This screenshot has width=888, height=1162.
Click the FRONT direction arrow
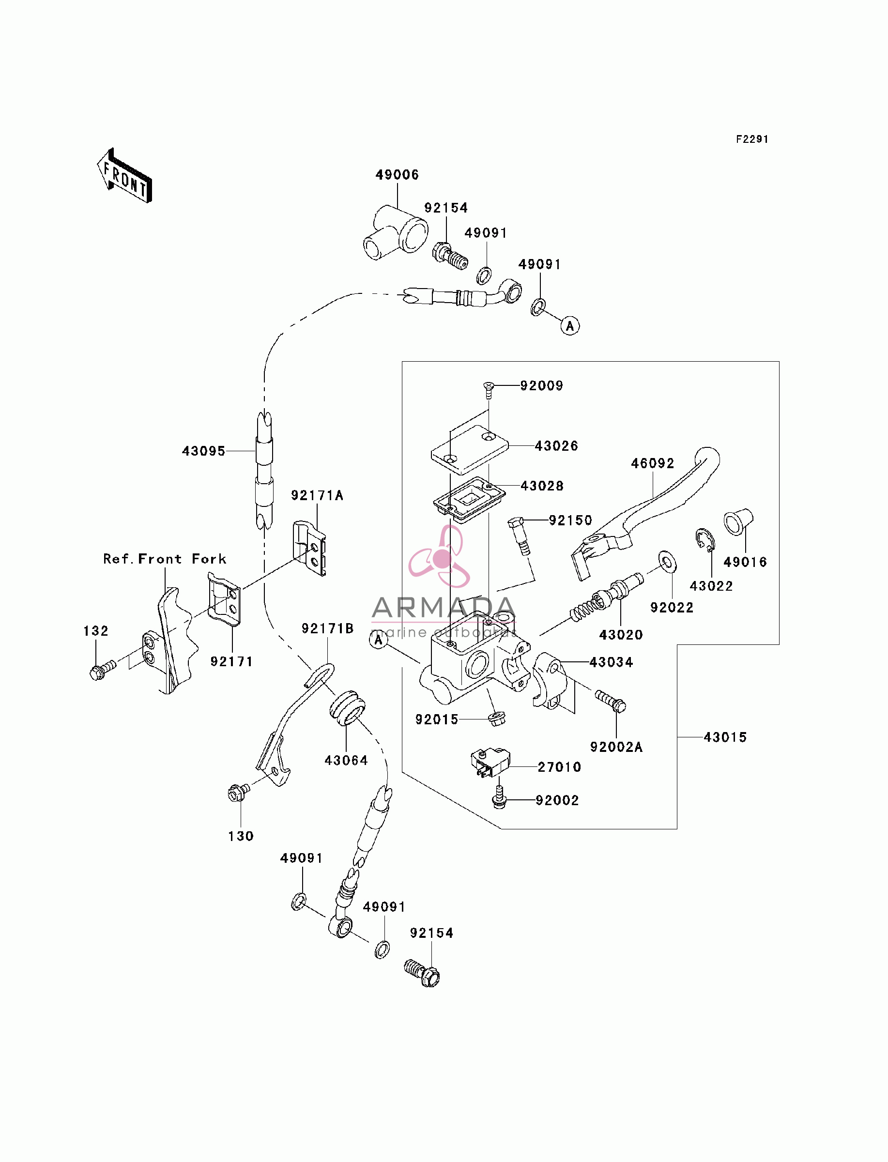125,176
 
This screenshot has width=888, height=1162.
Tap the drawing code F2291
752,139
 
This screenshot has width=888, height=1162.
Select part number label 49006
397,175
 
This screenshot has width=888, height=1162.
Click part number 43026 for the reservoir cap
557,446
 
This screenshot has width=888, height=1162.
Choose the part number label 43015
725,737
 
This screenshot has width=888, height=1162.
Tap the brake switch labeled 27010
490,763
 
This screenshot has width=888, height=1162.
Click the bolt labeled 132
103,671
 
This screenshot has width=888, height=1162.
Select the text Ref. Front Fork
165,559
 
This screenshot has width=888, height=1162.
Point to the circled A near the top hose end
570,326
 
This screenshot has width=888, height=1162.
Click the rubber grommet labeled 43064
347,707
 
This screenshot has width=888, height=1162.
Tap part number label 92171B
328,628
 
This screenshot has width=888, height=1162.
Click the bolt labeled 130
238,793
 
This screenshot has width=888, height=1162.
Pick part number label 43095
203,451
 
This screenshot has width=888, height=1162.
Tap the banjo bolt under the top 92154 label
450,255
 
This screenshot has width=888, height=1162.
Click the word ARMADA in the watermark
444,608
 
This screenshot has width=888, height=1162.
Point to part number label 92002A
616,747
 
